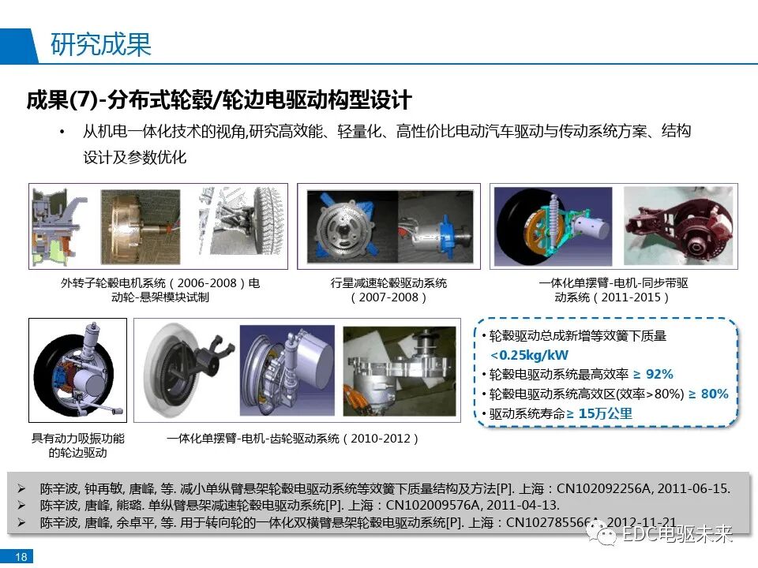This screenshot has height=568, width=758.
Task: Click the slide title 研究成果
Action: [x=101, y=45]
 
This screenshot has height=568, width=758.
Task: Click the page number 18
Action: [x=21, y=558]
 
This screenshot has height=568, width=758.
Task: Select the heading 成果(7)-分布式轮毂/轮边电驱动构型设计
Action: [x=219, y=101]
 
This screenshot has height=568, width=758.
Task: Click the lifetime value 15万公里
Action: [x=605, y=413]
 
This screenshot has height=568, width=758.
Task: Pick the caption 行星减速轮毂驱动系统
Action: [x=388, y=283]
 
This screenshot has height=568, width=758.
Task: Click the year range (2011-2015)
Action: [x=613, y=297]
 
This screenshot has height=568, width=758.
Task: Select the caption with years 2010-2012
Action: [x=293, y=438]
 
